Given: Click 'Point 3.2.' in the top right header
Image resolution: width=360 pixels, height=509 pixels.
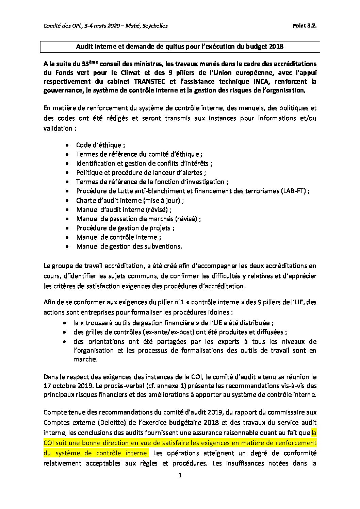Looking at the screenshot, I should [x=304, y=26].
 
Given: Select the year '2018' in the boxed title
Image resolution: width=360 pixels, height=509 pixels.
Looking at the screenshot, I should [x=276, y=47].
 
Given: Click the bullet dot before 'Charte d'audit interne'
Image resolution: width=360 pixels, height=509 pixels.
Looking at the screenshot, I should [x=68, y=200].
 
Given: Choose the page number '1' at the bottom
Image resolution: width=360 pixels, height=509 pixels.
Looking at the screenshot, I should [x=180, y=475].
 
